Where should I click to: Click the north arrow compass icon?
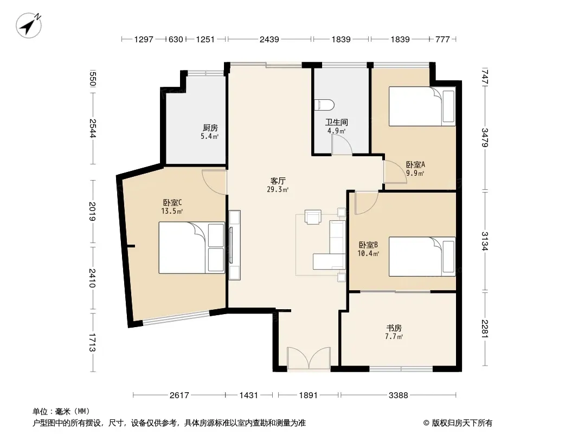[x=28, y=25]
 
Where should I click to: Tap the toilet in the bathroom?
[x=325, y=105]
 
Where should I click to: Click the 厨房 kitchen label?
[x=210, y=127]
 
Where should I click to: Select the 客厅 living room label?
[x=278, y=181]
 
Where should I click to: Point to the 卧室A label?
[x=415, y=164]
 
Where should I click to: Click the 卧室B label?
[x=368, y=245]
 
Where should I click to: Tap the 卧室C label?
[x=172, y=202]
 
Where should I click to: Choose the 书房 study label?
[x=394, y=328]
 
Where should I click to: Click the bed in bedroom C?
[x=192, y=247]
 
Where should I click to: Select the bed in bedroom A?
[x=422, y=106]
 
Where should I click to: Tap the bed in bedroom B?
[x=422, y=256]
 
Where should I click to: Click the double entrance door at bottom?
[x=309, y=358]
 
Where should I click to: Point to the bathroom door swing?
[x=342, y=144]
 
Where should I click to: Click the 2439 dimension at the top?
[x=269, y=39]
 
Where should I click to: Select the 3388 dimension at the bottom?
[x=399, y=395]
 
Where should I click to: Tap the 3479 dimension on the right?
[x=485, y=138]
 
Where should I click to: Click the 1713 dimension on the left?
[x=92, y=342]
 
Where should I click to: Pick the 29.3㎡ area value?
[x=278, y=189]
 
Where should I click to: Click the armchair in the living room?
[x=313, y=216]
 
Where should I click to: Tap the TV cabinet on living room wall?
[x=234, y=245]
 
